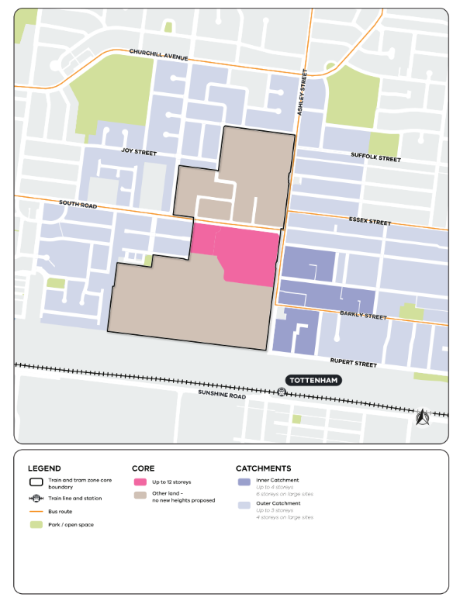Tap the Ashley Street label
pyautogui.click(x=303, y=93)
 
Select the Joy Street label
pyautogui.click(x=139, y=153)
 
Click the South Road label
pyautogui.click(x=79, y=206)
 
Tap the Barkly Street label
pyautogui.click(x=362, y=316)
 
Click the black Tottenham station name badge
pyautogui.click(x=313, y=381)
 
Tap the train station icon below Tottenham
pyautogui.click(x=282, y=392)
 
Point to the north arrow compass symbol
pyautogui.click(x=423, y=418)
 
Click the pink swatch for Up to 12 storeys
pyautogui.click(x=140, y=483)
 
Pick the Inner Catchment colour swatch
pyautogui.click(x=244, y=482)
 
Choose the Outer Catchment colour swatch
pyautogui.click(x=244, y=505)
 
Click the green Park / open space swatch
pyautogui.click(x=36, y=525)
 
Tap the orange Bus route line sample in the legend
pyautogui.click(x=36, y=512)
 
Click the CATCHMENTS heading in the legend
pyautogui.click(x=263, y=468)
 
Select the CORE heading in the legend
pyautogui.click(x=144, y=468)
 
